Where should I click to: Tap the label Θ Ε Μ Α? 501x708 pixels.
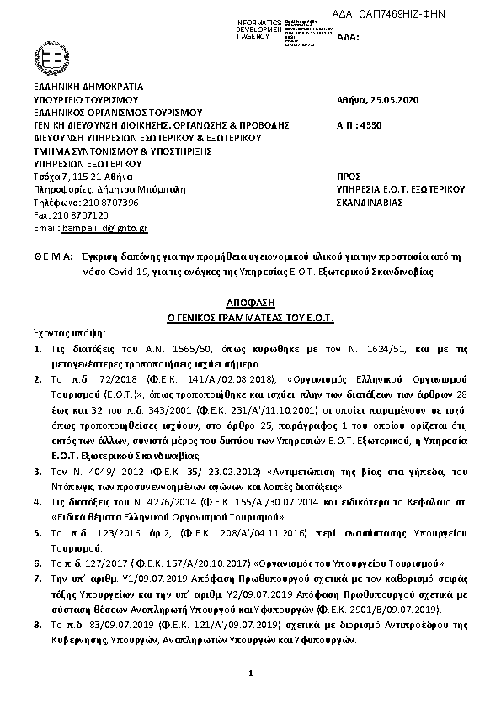49,254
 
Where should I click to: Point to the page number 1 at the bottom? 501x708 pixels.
251,674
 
